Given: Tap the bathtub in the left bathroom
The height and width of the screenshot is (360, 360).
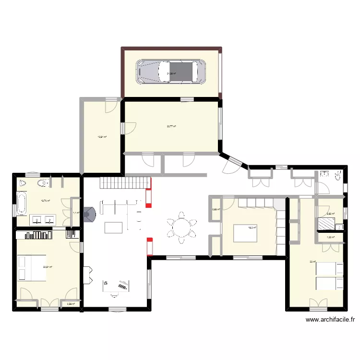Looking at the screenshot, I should tap(22, 204).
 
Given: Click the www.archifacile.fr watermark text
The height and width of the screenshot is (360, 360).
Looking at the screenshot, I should tap(330, 320).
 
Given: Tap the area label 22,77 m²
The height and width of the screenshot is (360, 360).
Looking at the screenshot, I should tap(171, 127).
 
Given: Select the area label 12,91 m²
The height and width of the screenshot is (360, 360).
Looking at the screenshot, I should tap(102, 137).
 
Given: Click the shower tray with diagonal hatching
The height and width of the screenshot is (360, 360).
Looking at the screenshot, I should tap(327, 224).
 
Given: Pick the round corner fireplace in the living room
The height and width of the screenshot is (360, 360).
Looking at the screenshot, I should tap(90, 215).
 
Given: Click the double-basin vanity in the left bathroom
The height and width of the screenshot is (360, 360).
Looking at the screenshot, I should tap(43, 220).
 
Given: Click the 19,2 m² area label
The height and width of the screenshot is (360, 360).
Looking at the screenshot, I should tap(252, 228).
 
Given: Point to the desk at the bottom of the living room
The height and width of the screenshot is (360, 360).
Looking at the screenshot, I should tap(117, 286).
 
